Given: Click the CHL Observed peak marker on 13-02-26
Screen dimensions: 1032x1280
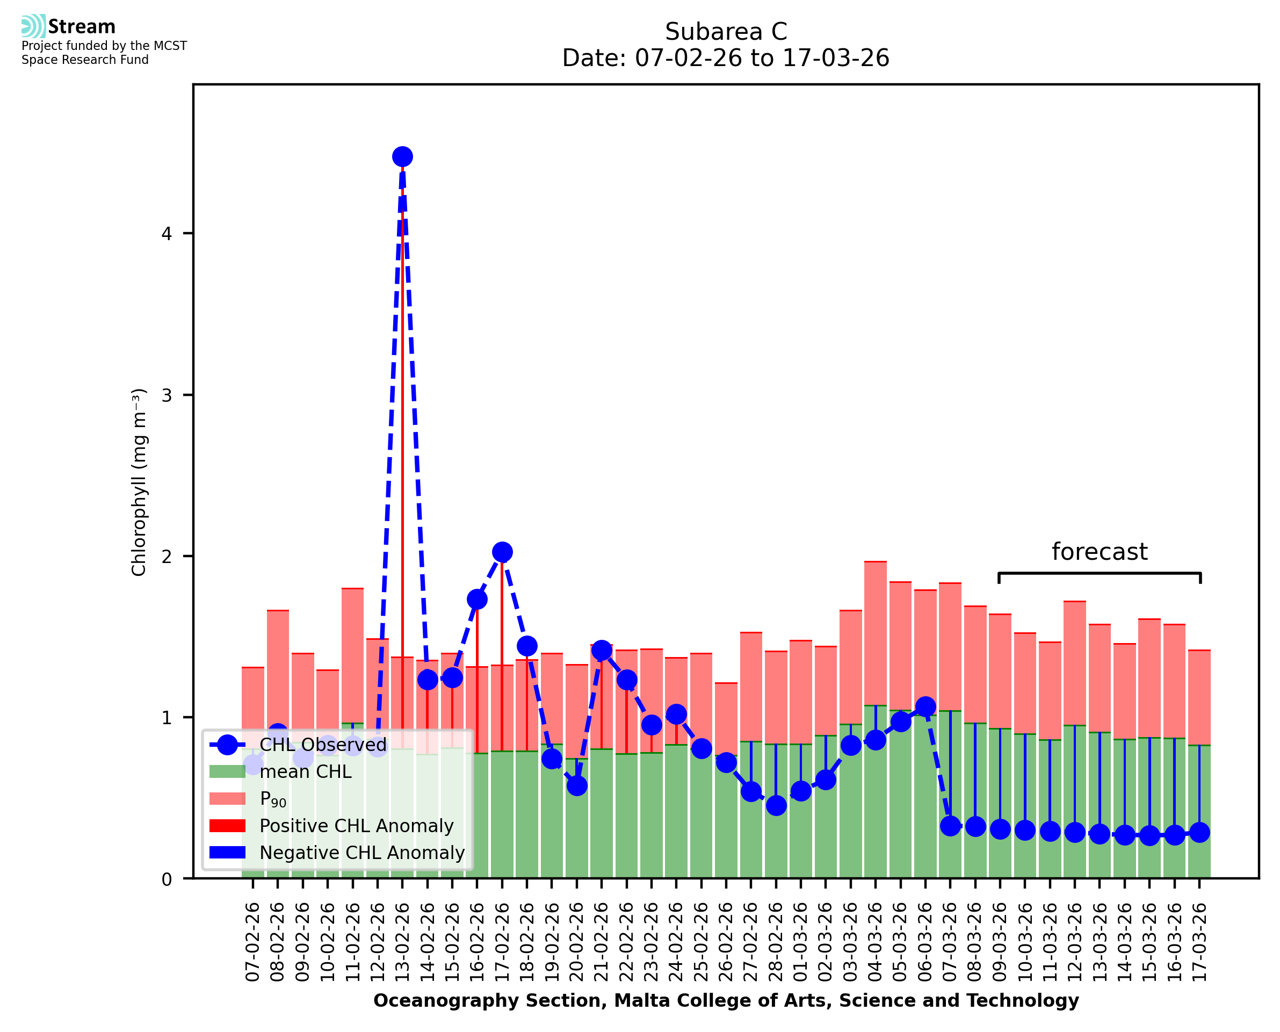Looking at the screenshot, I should point(402,157).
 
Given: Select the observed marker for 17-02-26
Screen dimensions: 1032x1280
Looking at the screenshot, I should point(502,552).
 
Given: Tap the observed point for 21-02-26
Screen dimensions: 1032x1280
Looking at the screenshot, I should point(602,651).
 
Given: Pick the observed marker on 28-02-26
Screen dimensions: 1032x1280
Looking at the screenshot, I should point(776,805).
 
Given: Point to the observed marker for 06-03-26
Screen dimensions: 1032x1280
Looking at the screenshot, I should point(925,707).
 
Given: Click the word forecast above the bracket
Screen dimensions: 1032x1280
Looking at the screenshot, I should point(1100,552).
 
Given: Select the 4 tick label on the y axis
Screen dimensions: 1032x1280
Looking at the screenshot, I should point(167,234).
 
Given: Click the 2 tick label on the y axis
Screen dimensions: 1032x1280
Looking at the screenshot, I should point(167,557).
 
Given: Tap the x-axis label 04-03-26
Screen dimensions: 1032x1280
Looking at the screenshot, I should point(876,942).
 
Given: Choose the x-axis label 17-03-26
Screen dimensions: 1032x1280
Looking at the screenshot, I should point(1200,942).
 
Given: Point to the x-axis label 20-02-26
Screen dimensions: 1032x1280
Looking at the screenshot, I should point(577,942).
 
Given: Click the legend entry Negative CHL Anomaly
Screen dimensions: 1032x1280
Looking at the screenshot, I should point(362,853).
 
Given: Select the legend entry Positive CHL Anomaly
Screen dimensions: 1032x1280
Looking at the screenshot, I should point(357,826).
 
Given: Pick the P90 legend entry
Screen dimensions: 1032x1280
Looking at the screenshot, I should point(273,799).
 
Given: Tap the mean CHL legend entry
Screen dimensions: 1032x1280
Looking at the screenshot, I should point(306,771).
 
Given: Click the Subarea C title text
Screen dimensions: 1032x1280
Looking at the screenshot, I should point(726,32).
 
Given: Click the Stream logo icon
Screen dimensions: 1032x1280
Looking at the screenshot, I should point(33,26).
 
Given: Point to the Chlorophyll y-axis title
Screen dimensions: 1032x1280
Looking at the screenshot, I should point(139,481).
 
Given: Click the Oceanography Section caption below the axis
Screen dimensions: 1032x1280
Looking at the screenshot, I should point(726,1000).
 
